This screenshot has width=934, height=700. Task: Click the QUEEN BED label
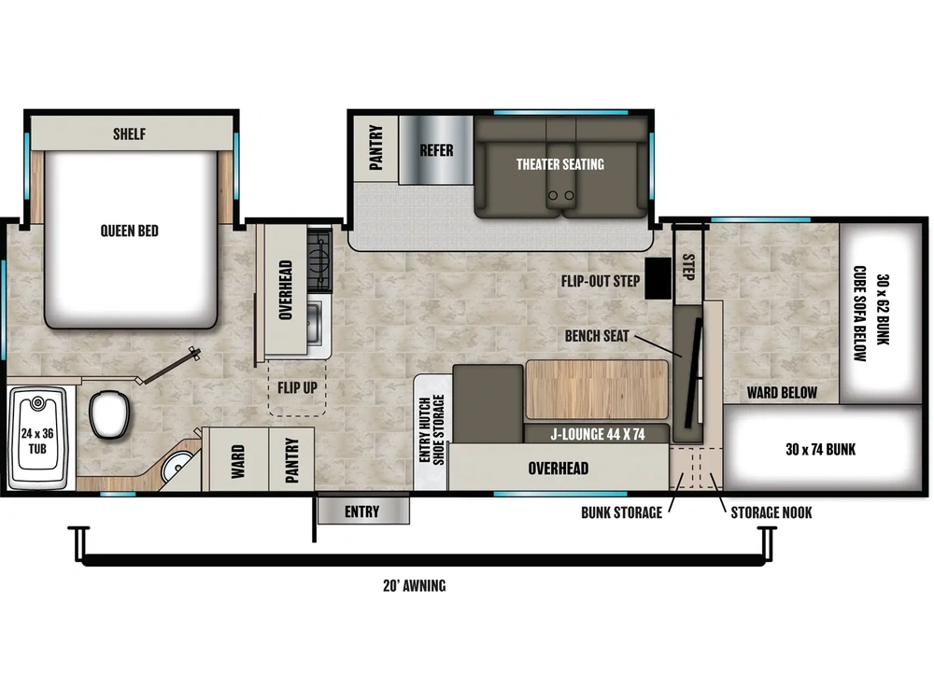(130, 231)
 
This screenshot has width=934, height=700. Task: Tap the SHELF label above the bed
(130, 134)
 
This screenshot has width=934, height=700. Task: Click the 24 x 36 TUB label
(38, 440)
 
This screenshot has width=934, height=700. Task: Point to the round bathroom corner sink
(175, 467)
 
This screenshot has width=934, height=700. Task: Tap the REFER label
(436, 150)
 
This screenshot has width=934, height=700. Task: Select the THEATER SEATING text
(560, 164)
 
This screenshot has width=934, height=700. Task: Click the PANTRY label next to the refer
(375, 147)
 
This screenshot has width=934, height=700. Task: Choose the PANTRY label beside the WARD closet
(292, 459)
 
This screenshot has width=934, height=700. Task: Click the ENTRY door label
(361, 511)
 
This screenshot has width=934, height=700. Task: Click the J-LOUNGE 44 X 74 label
(596, 433)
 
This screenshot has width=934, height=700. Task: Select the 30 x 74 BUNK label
(820, 449)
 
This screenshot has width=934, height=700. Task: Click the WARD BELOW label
(783, 392)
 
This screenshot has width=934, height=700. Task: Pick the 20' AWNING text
(414, 586)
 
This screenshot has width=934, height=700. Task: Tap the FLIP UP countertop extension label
(296, 386)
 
